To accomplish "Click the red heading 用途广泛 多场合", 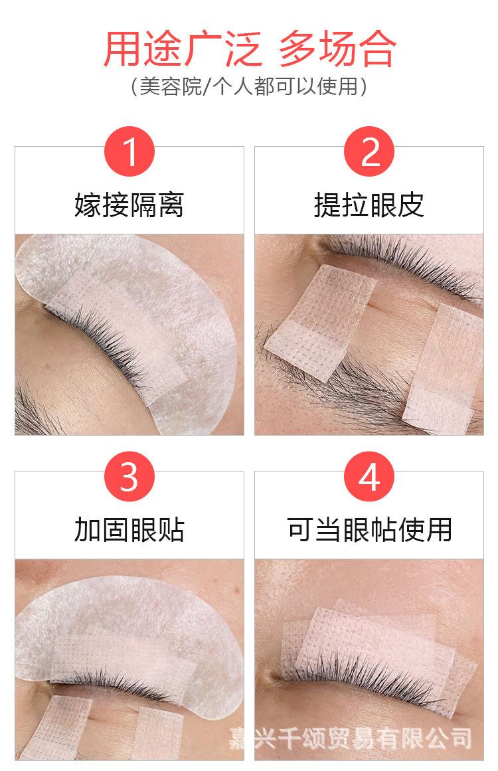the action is click(x=250, y=48).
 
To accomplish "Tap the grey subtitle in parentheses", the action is click(x=249, y=86).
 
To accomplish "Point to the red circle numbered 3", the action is click(x=129, y=476).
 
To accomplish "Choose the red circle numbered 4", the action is click(x=369, y=476).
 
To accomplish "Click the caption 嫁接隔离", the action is click(x=129, y=205).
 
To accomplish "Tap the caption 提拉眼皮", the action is click(x=369, y=205).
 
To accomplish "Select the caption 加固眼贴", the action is click(x=129, y=529).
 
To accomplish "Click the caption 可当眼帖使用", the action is click(x=369, y=529).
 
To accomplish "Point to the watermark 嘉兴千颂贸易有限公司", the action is click(x=350, y=738).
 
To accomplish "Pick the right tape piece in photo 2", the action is click(x=442, y=369).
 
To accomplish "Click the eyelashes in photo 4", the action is click(x=364, y=676).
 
